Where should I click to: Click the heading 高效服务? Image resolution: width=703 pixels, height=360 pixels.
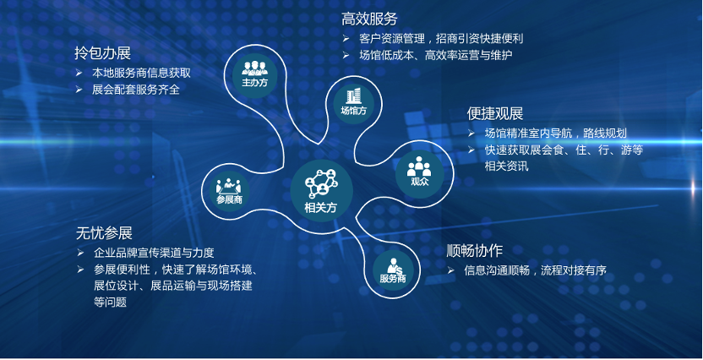[369, 19]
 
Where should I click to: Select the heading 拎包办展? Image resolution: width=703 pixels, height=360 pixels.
[103, 54]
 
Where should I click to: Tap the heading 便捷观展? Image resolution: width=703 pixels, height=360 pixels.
[494, 113]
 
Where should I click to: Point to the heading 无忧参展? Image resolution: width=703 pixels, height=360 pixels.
[104, 233]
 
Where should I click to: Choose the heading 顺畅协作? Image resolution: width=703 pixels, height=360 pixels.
[474, 251]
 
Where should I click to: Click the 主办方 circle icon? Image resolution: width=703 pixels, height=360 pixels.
[254, 73]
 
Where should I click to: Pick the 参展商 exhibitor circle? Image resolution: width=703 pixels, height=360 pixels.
[229, 192]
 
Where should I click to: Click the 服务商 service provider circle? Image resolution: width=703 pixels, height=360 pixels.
[393, 270]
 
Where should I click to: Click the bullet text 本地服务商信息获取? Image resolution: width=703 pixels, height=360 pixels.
[142, 73]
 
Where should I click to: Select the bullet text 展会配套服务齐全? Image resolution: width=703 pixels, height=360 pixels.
[136, 90]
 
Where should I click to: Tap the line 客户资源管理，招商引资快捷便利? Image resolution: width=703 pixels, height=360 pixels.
[441, 38]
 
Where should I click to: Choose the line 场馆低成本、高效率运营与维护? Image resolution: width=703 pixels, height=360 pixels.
[435, 55]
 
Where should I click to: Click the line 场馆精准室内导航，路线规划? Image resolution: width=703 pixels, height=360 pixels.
[555, 134]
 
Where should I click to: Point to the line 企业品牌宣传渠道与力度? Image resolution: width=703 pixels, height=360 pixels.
[155, 253]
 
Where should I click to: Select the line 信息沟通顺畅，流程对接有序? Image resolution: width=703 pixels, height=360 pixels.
[536, 270]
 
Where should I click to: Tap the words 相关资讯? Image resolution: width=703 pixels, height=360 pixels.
[507, 166]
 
